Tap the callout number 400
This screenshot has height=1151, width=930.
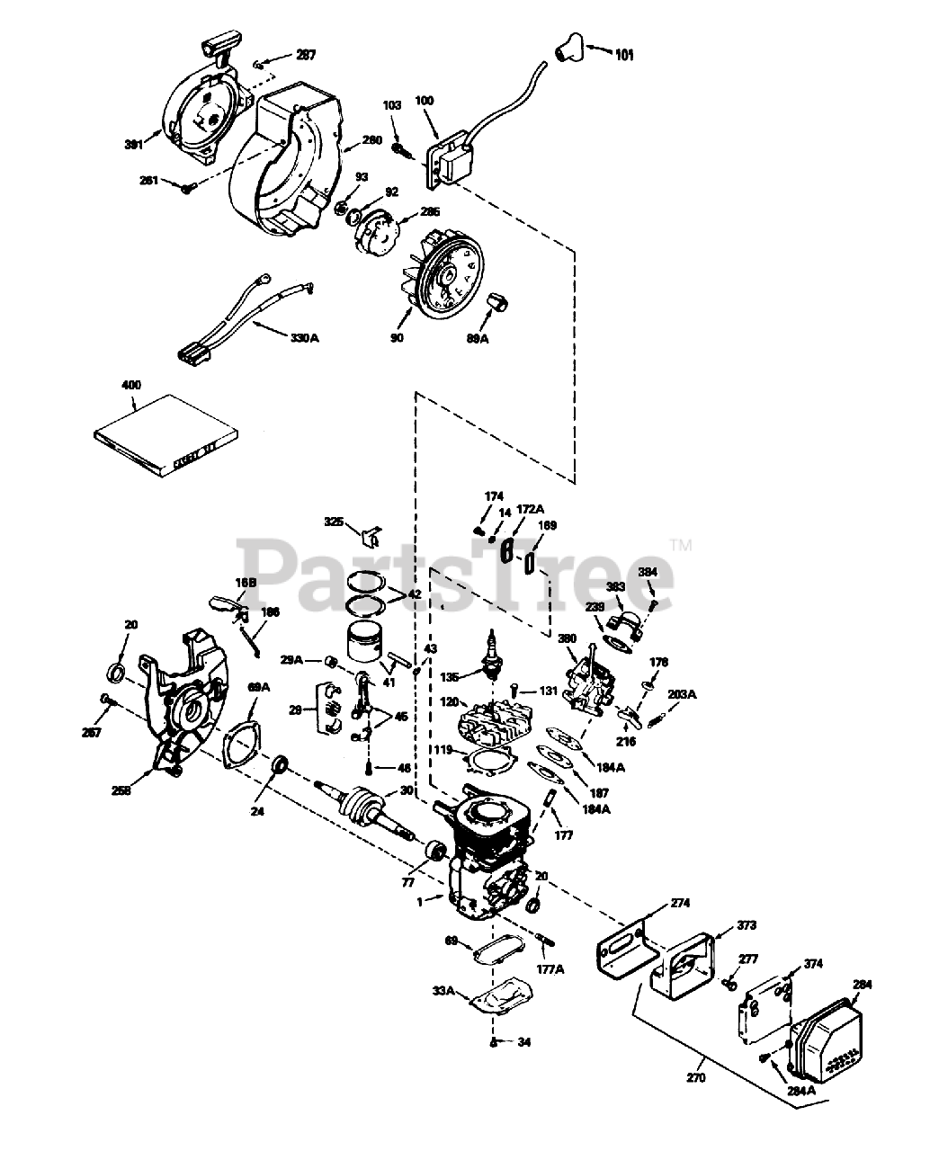(131, 385)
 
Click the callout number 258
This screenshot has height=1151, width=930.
(121, 790)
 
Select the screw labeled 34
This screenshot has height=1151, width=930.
(495, 1042)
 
